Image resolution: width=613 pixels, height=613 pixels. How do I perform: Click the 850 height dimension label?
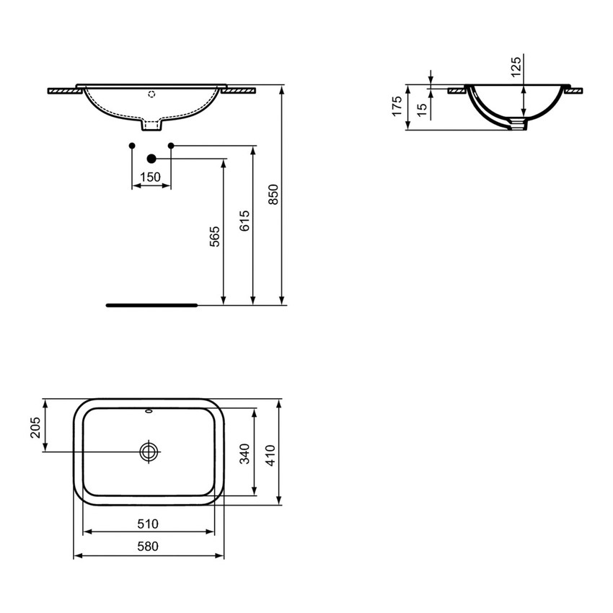[x=273, y=193]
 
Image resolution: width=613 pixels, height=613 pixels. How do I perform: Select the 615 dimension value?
[x=244, y=220]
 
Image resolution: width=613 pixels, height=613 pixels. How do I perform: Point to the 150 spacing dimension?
[x=150, y=177]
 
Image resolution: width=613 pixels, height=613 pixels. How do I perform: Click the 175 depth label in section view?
[x=396, y=107]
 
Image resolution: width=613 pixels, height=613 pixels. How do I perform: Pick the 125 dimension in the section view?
[x=515, y=66]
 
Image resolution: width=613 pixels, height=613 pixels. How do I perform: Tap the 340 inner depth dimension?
[x=244, y=453]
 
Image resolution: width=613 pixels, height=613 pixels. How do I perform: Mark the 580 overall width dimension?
[x=148, y=547]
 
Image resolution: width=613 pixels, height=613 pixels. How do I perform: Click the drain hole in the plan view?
[x=149, y=451]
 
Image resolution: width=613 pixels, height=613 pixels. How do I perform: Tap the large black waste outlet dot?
[x=151, y=158]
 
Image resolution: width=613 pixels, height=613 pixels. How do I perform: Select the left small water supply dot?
[x=131, y=146]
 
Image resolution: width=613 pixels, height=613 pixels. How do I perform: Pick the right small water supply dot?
[x=171, y=146]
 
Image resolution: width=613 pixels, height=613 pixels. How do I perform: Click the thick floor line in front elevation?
[x=151, y=305]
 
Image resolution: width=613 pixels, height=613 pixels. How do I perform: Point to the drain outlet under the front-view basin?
[x=151, y=126]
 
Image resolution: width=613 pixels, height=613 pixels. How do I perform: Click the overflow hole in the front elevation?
[x=151, y=93]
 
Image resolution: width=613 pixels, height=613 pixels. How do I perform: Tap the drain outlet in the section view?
[x=518, y=125]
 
